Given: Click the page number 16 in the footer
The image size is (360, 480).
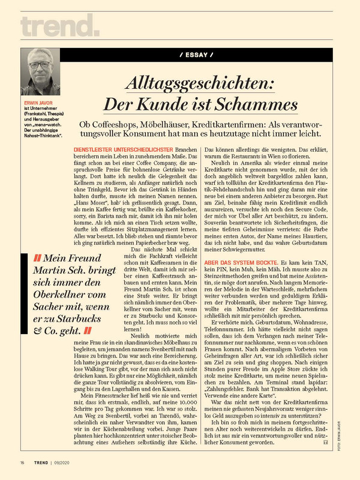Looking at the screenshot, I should coord(22,463).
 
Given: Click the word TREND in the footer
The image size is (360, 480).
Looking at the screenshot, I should coord(41,463).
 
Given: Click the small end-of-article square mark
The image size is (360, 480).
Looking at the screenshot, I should coord(325,443).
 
